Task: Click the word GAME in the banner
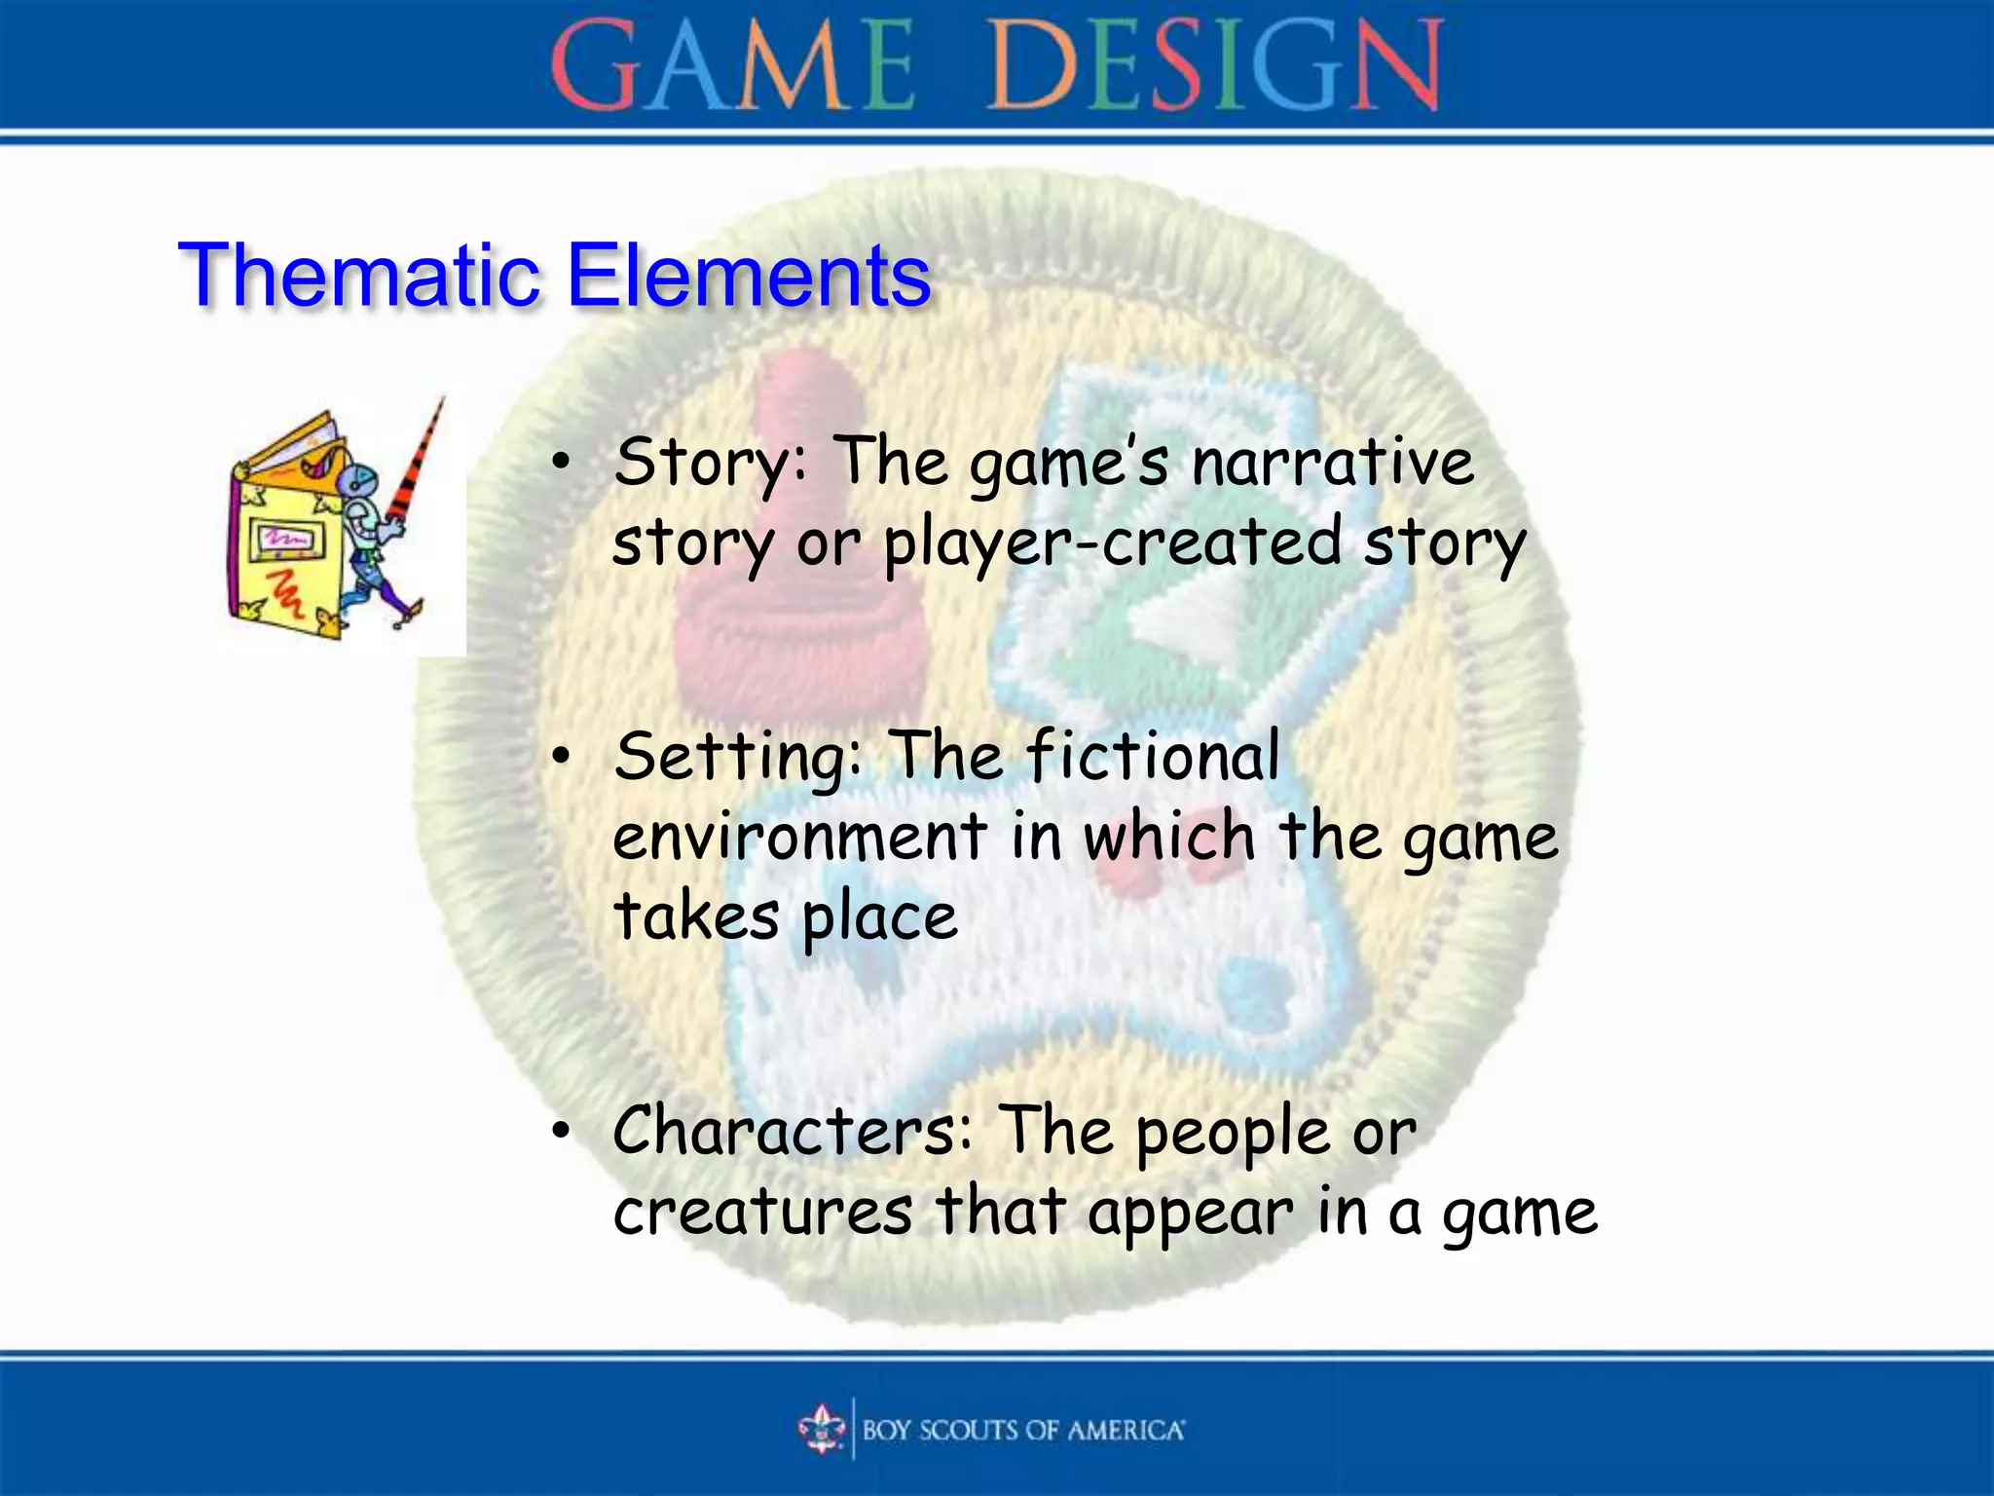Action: (x=732, y=66)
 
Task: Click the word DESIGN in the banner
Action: (x=1215, y=66)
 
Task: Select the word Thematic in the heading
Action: (x=357, y=277)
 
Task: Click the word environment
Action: (x=799, y=838)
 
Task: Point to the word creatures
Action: (x=762, y=1214)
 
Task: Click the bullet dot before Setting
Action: (x=560, y=758)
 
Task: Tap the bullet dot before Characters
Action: (x=560, y=1133)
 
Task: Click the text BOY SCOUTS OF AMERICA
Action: (x=1022, y=1430)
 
